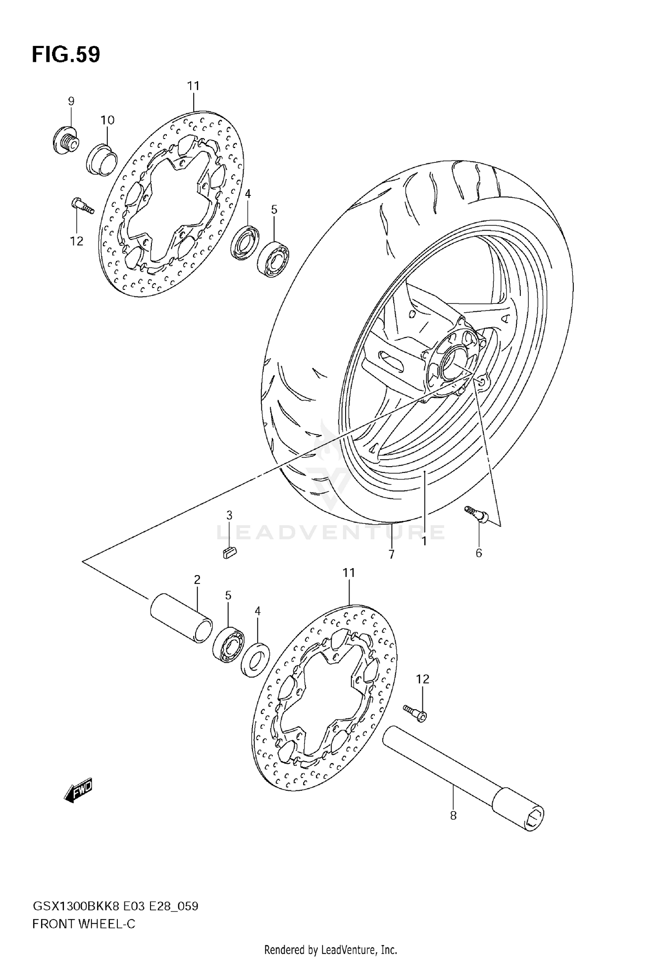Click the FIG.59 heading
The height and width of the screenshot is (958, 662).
pos(66,55)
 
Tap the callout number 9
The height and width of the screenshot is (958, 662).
pos(71,101)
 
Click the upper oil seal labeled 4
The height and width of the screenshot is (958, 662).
pos(245,243)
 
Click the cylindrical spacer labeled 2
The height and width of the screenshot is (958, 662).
pos(181,617)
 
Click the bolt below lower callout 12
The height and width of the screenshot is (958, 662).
pos(414,714)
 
